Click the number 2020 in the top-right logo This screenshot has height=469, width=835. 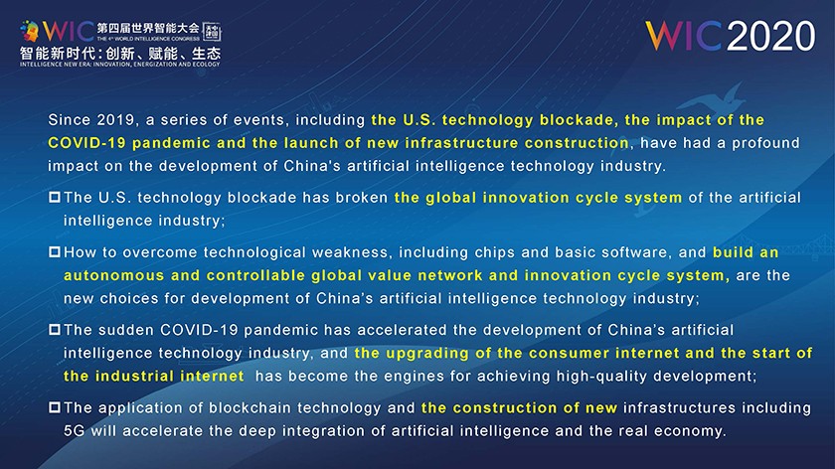(771, 36)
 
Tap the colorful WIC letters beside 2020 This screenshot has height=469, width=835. (684, 36)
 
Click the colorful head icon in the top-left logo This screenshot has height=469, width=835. (30, 32)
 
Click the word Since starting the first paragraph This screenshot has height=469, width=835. (68, 120)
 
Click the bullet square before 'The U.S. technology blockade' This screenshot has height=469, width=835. (55, 198)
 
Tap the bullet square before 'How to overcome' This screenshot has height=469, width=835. (55, 251)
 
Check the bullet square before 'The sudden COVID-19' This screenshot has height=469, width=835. (55, 330)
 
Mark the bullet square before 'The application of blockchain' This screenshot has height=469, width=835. (55, 407)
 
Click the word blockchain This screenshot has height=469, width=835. (240, 407)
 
